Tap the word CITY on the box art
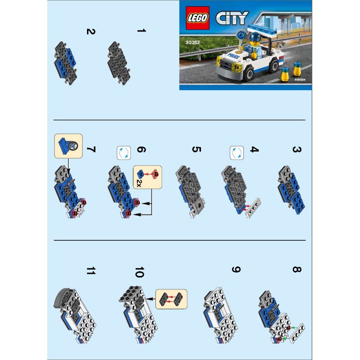tap(231, 19)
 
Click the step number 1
tap(141, 31)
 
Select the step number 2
tap(91, 32)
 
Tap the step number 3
tap(296, 150)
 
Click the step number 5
tap(196, 149)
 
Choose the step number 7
tap(91, 149)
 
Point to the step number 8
tap(296, 269)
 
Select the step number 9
tap(235, 269)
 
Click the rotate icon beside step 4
tap(237, 153)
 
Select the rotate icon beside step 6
tap(123, 153)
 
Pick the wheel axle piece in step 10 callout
tap(171, 299)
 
